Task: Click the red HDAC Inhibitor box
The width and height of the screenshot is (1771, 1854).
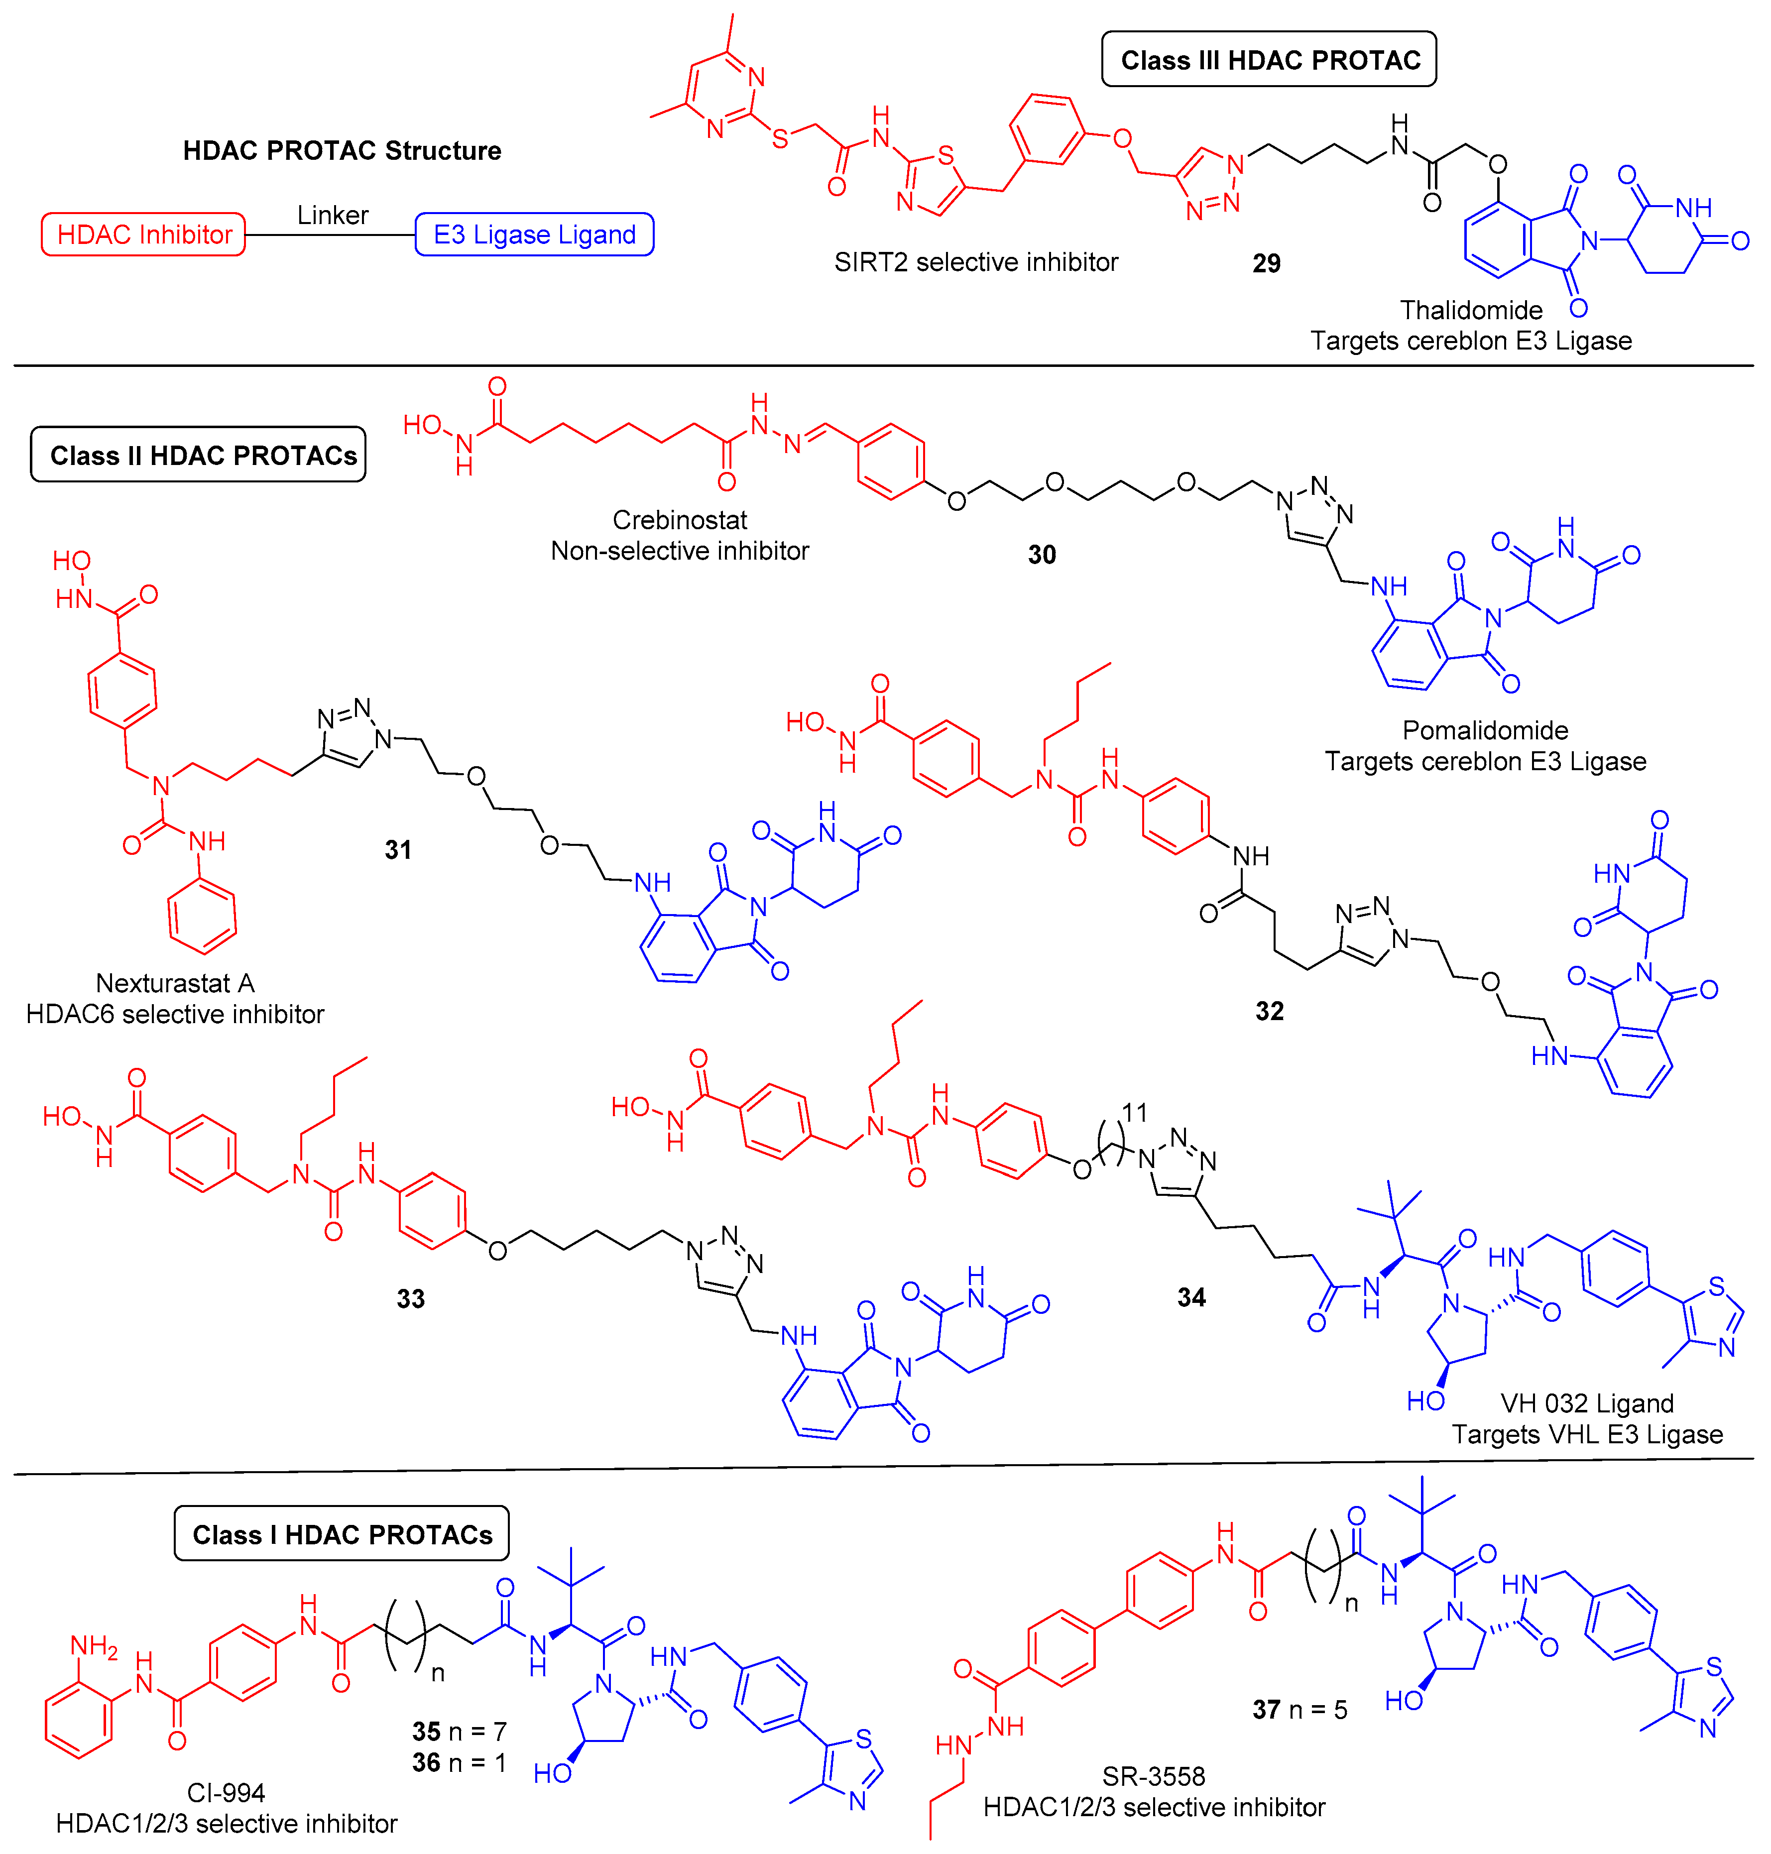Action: (143, 234)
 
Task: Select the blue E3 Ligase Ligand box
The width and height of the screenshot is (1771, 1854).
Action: (534, 234)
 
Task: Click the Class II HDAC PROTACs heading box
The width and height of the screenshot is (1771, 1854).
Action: (198, 455)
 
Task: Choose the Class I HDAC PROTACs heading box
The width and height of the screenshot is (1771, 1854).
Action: (342, 1534)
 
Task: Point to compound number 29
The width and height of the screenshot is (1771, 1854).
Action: (1266, 263)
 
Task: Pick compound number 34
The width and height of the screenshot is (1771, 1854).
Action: (1191, 1297)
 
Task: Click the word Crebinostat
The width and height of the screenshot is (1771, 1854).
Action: (680, 520)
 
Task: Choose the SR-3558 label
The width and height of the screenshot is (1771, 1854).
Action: (1154, 1776)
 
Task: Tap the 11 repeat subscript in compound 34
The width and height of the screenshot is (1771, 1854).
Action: (1134, 1113)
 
